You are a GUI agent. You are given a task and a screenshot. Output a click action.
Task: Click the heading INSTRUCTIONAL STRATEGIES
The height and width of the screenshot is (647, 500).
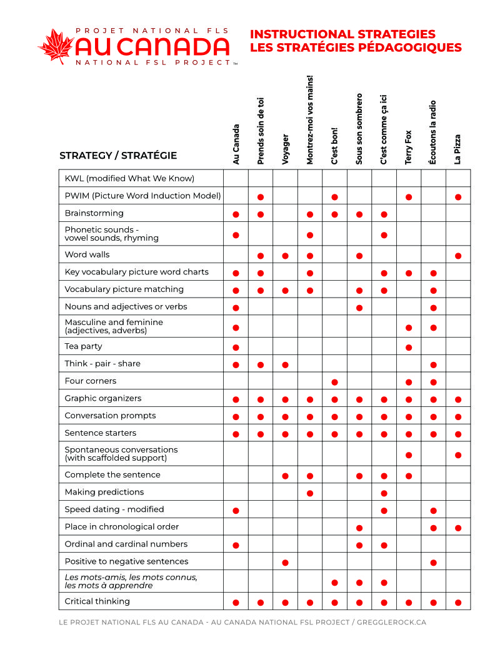(x=342, y=34)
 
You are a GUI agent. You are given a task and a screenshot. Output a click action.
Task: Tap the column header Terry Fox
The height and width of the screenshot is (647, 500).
(x=409, y=148)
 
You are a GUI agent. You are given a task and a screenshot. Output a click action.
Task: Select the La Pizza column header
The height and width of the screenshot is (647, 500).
(x=458, y=149)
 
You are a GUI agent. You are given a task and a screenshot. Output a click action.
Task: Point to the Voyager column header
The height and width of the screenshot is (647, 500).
(x=286, y=149)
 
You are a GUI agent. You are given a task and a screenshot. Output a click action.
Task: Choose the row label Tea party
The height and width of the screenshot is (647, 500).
(x=83, y=346)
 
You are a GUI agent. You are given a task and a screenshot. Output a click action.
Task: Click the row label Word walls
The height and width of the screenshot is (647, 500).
(x=87, y=254)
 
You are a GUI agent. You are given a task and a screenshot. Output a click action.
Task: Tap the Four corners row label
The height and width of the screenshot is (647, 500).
(x=91, y=381)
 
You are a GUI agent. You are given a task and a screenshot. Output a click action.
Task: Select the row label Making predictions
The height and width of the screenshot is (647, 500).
(x=104, y=492)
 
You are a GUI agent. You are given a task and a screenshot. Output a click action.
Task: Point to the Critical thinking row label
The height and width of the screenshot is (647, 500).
(x=97, y=601)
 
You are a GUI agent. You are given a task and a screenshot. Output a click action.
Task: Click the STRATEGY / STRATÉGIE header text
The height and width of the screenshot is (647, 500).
(x=118, y=156)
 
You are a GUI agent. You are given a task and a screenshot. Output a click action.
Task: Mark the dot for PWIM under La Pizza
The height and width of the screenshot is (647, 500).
(x=458, y=197)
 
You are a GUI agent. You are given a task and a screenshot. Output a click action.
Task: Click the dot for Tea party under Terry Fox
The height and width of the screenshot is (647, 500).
(x=409, y=348)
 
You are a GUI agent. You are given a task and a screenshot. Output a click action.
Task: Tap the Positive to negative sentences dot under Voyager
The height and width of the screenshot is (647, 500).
(x=286, y=563)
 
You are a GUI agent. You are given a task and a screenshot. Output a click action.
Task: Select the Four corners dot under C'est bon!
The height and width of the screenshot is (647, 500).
(x=334, y=382)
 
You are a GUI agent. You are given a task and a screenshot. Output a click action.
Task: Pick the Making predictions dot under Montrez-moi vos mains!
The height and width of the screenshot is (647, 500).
(x=310, y=493)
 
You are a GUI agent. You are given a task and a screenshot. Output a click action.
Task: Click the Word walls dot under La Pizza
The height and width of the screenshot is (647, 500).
(x=458, y=256)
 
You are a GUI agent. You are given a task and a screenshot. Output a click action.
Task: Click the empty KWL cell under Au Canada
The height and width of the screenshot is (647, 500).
(x=236, y=178)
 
